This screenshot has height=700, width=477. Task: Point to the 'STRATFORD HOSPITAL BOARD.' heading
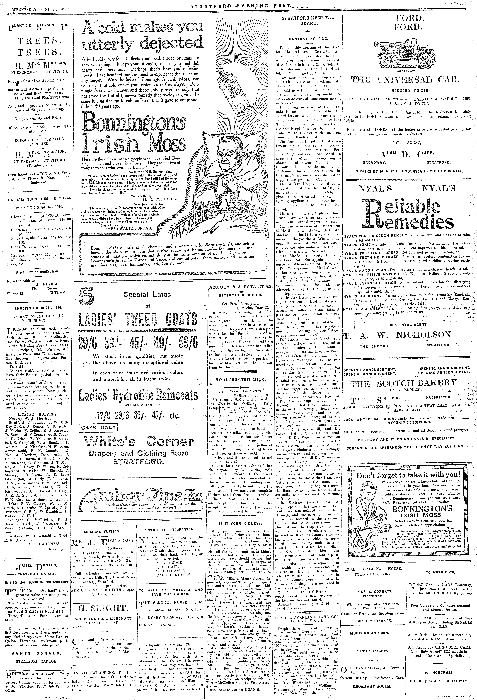308,20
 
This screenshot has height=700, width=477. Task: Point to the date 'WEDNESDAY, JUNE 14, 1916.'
39,10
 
